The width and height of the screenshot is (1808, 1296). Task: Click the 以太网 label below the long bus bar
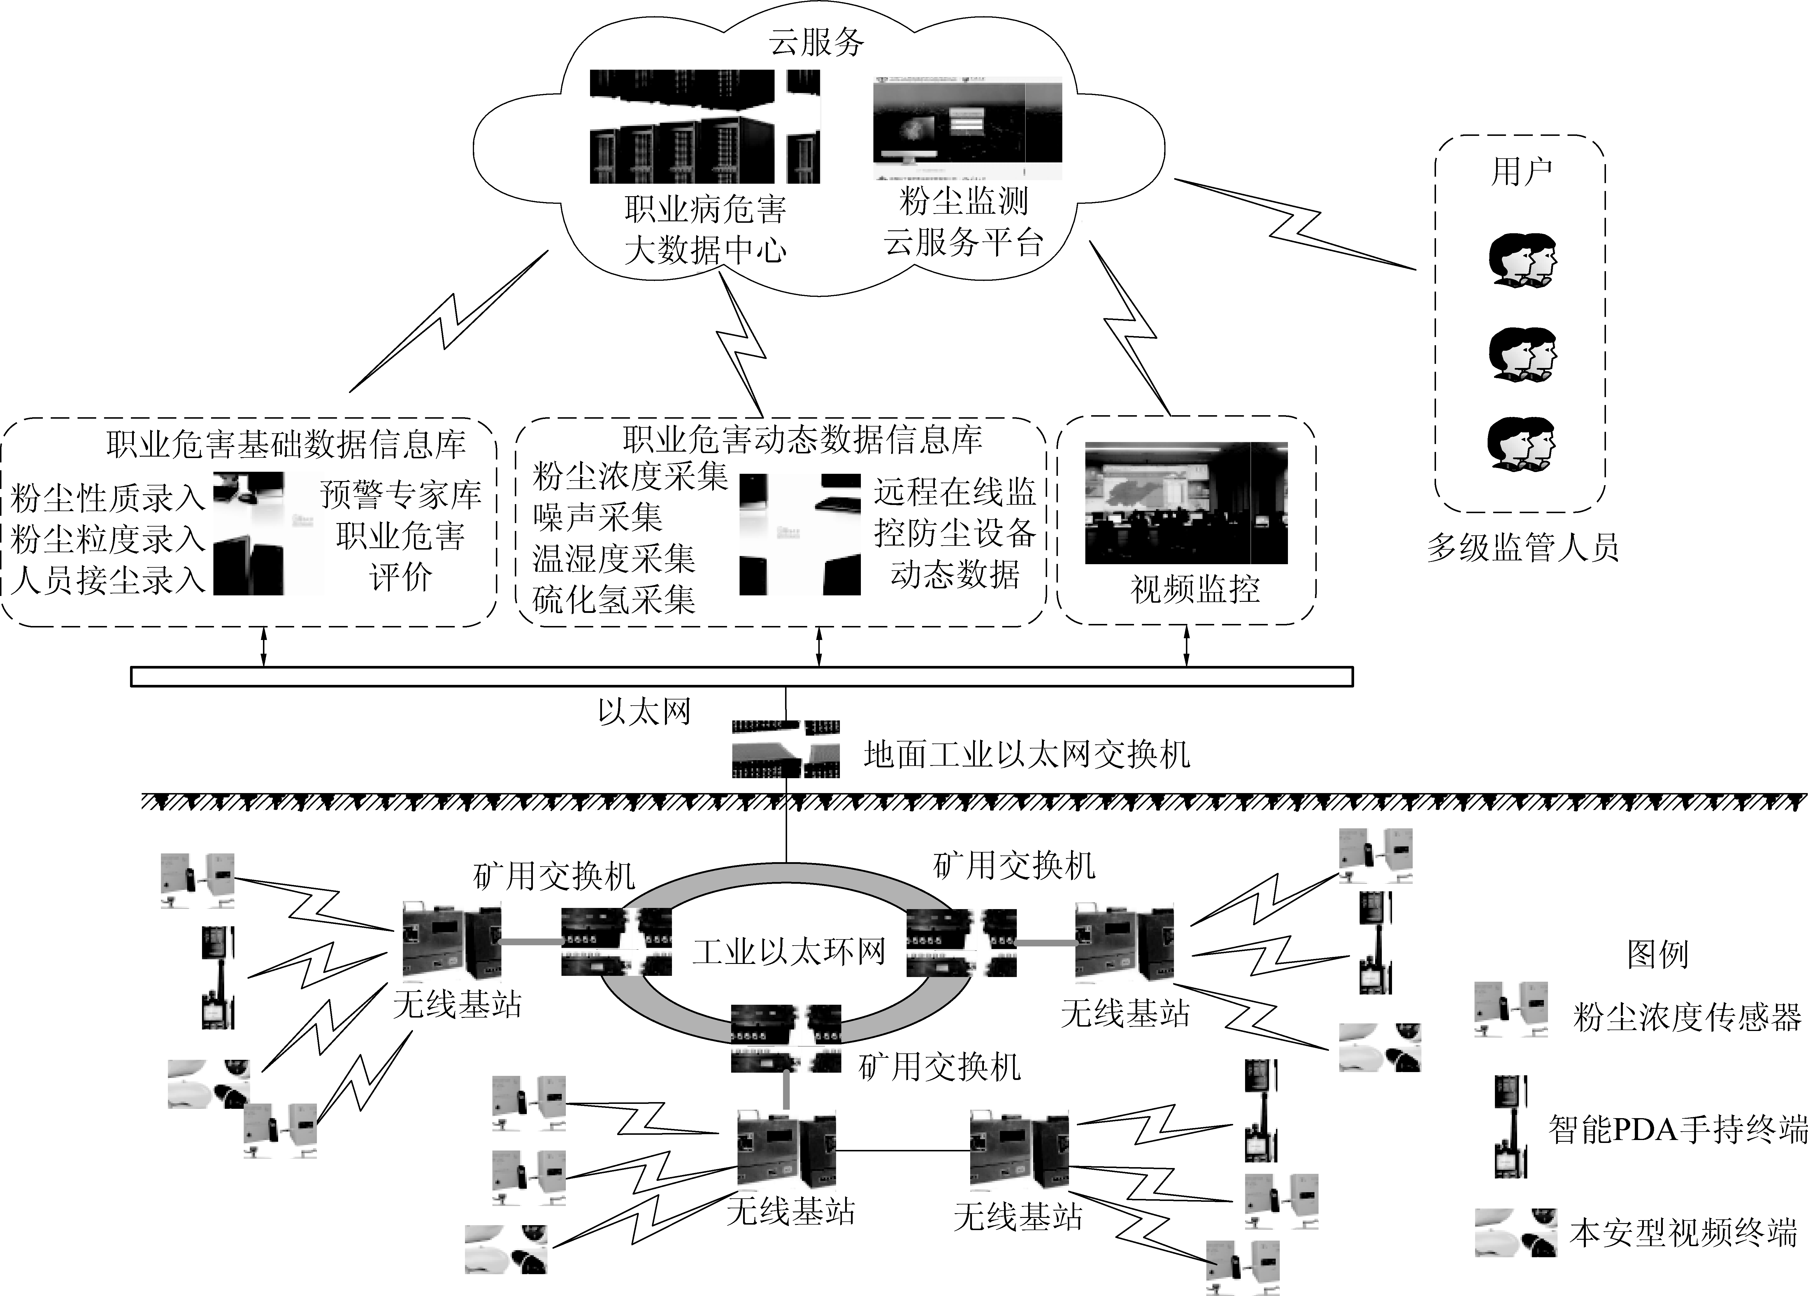pos(644,711)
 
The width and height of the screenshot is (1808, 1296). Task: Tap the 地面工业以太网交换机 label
pos(1027,755)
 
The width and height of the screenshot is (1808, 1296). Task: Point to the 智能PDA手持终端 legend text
pos(1677,1129)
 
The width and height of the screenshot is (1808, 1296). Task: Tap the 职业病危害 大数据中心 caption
pos(705,230)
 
